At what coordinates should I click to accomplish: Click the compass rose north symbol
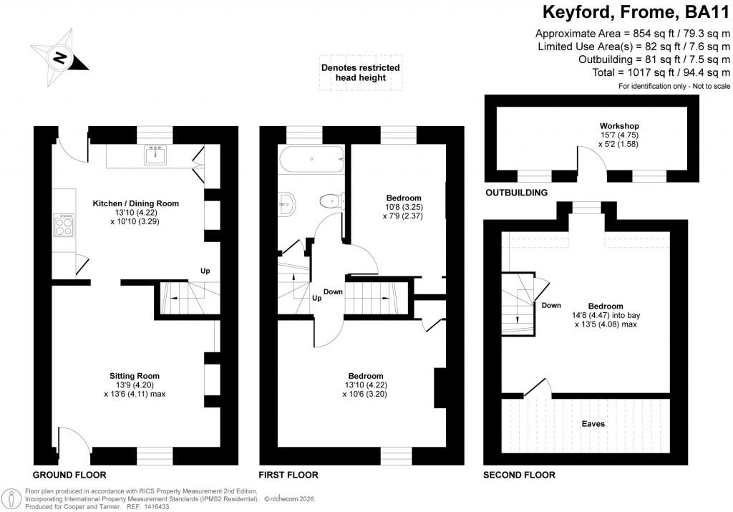click(59, 55)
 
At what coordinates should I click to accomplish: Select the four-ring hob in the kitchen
click(63, 226)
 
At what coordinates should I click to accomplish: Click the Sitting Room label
click(134, 375)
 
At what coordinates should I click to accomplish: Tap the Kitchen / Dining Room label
click(135, 203)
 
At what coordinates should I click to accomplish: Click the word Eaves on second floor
click(593, 424)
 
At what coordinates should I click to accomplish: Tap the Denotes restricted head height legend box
click(360, 72)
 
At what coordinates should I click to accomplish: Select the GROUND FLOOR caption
click(69, 475)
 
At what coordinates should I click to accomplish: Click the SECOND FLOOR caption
click(519, 475)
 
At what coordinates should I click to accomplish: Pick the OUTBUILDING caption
click(516, 193)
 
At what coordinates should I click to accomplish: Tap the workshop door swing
click(593, 158)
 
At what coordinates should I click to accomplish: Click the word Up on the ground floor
click(205, 271)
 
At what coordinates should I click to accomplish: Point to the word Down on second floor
click(551, 305)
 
